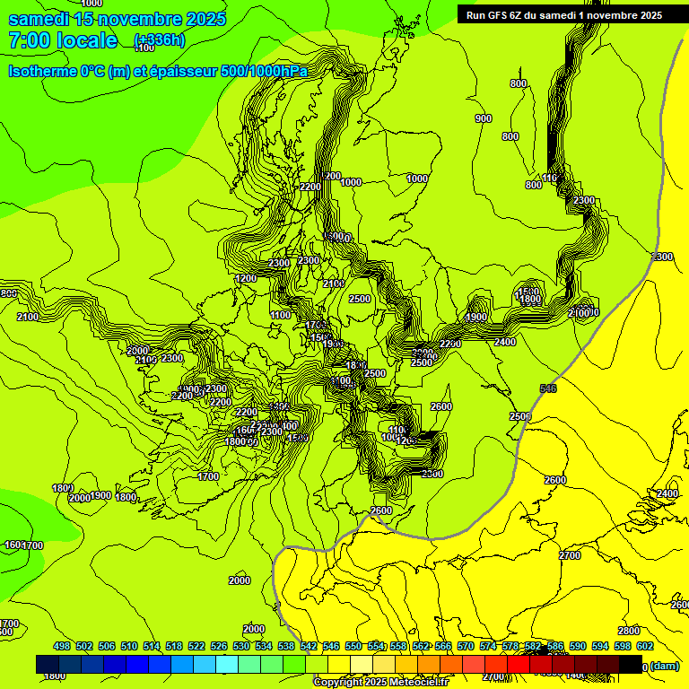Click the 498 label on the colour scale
62,646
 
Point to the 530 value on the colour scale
241,646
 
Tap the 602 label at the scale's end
645,646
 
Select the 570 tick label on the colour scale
466,646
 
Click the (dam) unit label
665,666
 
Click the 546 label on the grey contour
548,388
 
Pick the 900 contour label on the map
484,118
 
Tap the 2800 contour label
629,631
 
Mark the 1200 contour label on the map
246,279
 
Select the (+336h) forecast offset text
160,40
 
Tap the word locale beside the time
86,40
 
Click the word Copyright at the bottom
338,683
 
